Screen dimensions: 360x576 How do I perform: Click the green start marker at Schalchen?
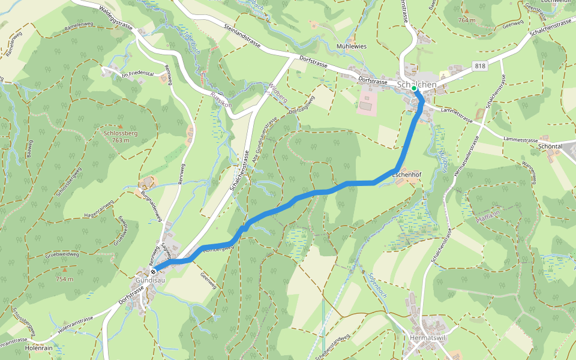pos(414,89)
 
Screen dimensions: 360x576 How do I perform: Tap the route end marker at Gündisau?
pos(153,271)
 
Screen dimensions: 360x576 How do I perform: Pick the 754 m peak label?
pos(64,279)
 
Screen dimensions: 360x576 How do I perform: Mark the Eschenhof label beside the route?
pos(410,174)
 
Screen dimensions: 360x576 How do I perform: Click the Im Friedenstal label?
pos(138,75)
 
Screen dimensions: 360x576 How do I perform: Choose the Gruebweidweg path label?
pos(62,254)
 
